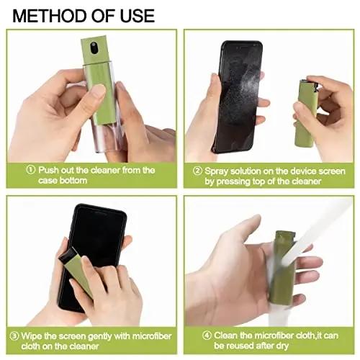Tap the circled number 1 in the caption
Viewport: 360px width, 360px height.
click(31, 171)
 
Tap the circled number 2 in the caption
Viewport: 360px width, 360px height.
click(197, 171)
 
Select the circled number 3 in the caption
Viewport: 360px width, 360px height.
click(14, 335)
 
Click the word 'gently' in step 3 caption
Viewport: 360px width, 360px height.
click(107, 335)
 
